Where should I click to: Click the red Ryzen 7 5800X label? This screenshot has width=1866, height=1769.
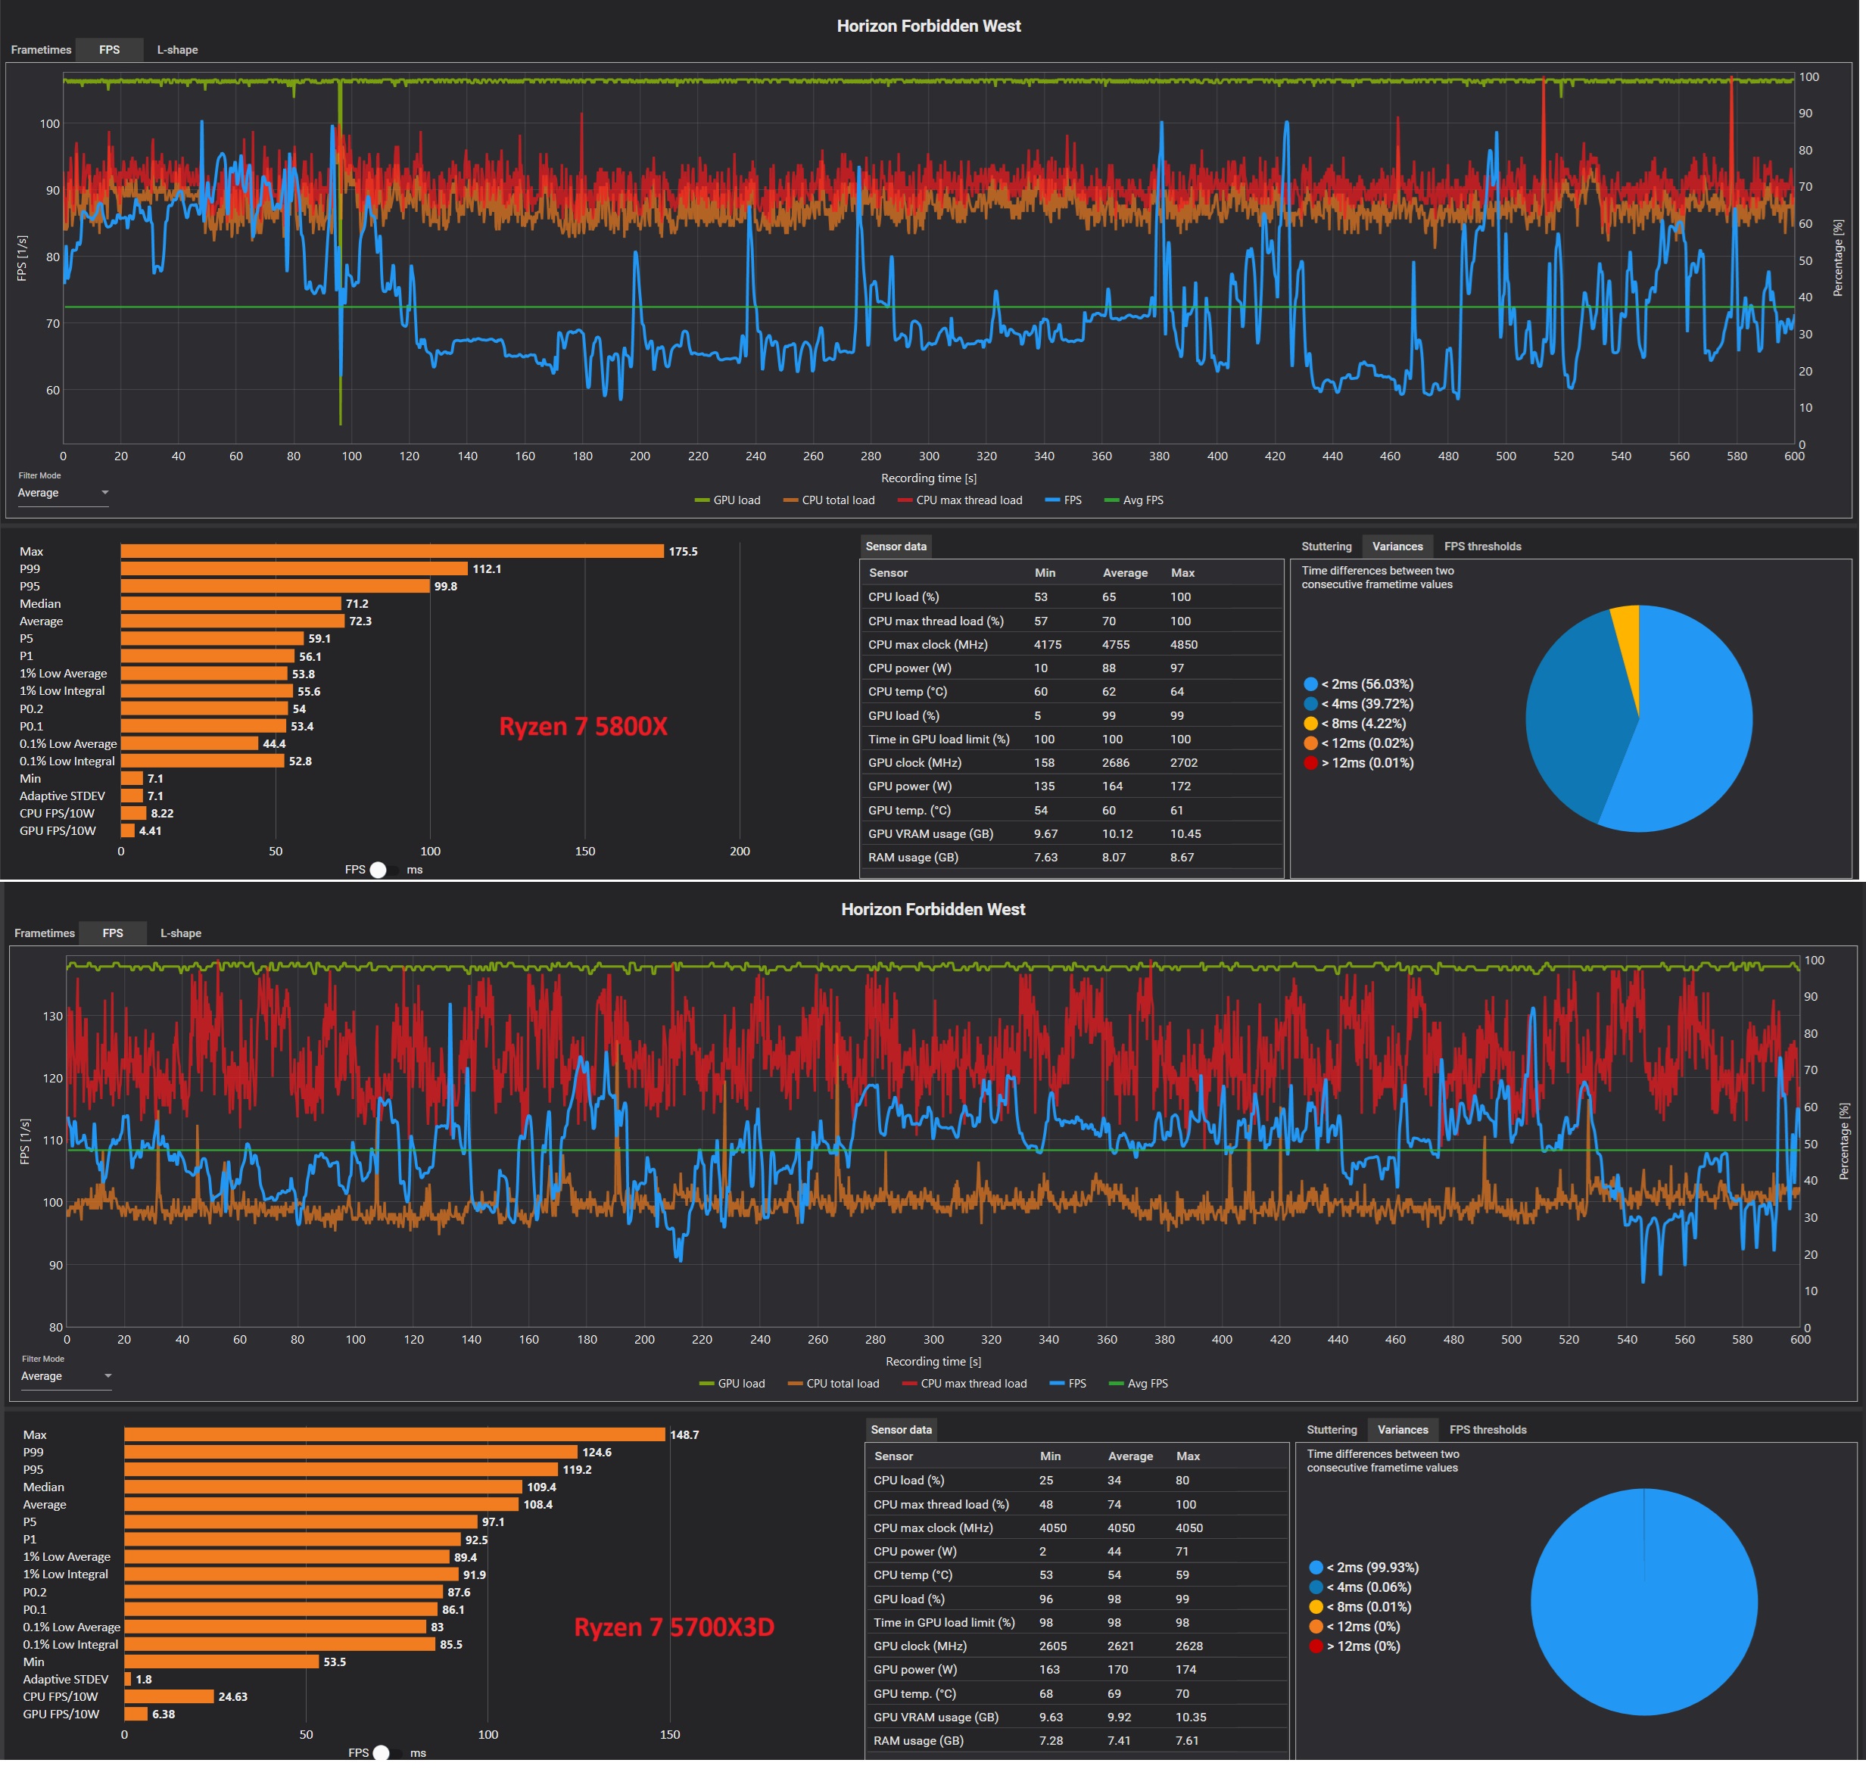pos(583,726)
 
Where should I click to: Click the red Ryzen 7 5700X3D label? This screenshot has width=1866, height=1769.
pos(674,1627)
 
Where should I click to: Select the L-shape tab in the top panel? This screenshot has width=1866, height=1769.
pos(177,50)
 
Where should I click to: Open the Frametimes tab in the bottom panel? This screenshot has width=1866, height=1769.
pos(45,933)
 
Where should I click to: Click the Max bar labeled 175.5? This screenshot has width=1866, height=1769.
pos(392,552)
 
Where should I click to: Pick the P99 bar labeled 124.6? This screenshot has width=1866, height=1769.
pos(350,1452)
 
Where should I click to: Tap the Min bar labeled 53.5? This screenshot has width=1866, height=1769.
pos(222,1662)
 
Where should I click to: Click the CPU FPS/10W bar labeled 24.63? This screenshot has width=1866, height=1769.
pos(169,1696)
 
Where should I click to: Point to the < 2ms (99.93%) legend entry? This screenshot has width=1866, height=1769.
pos(1363,1567)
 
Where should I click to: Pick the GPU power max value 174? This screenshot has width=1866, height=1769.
pos(1186,1669)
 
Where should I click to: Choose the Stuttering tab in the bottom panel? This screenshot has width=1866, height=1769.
pos(1332,1430)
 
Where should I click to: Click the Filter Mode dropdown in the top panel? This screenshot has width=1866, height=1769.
pos(63,494)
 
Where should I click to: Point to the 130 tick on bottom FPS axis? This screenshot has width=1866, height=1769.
pos(53,1016)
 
